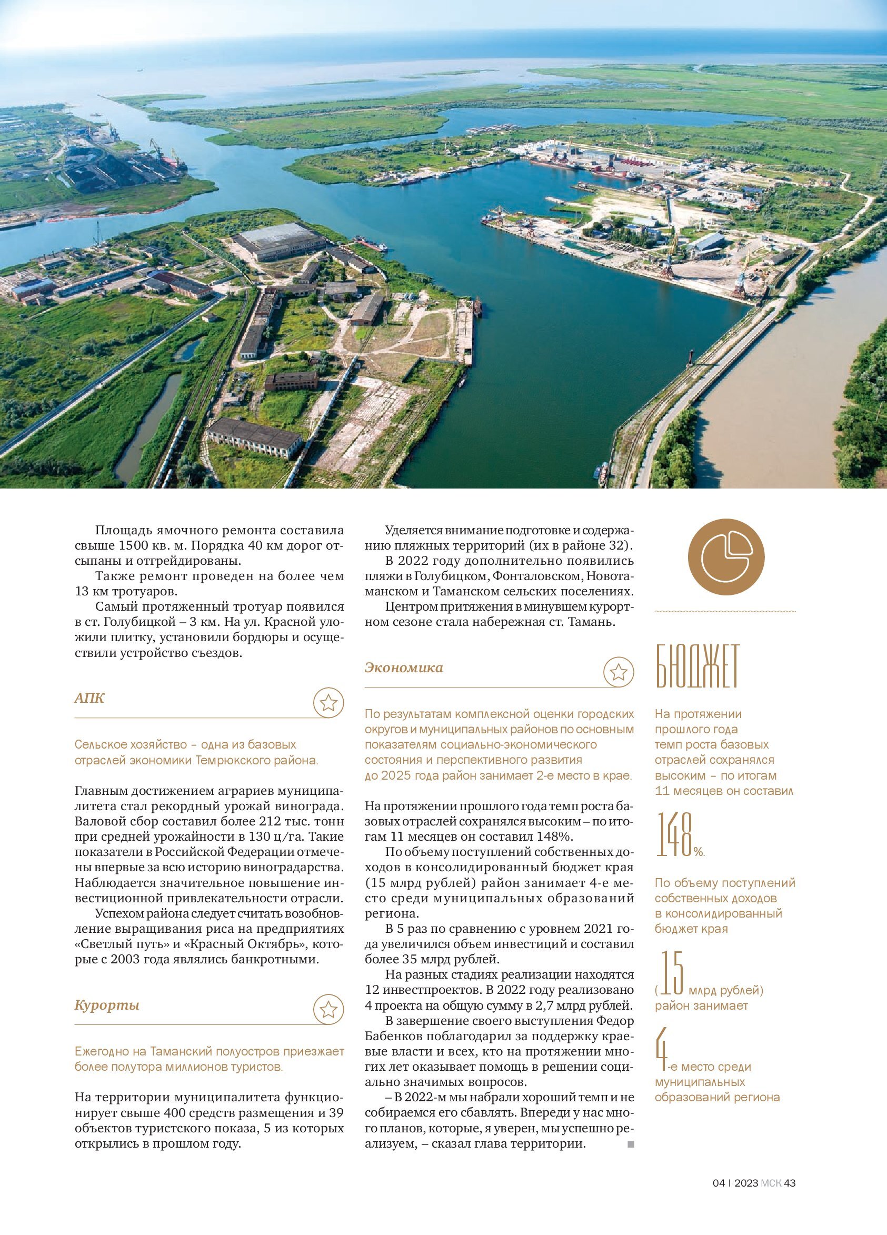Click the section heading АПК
point(89,698)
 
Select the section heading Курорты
point(107,1004)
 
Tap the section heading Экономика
point(403,668)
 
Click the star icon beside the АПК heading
point(328,703)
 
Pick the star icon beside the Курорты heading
point(328,1010)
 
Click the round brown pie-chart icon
point(726,557)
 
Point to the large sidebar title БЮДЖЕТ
point(697,673)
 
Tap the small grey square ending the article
point(631,1144)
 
